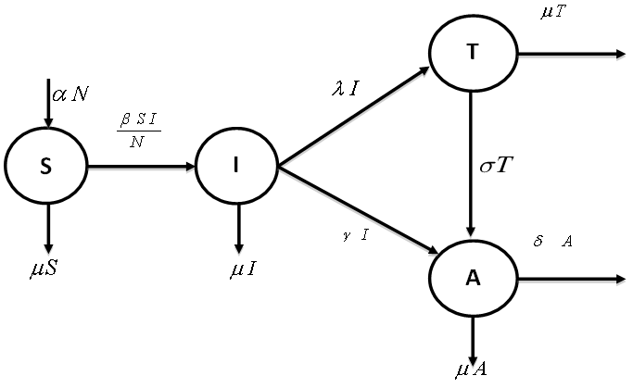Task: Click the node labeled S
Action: [45, 167]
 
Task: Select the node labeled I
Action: [236, 167]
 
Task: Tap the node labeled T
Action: [473, 53]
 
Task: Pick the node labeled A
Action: [473, 278]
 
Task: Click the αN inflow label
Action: [70, 94]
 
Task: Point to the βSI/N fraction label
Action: [138, 131]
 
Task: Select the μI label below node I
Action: [243, 271]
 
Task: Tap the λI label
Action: [348, 89]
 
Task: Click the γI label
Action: [355, 235]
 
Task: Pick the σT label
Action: [497, 167]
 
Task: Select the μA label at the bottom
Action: [471, 370]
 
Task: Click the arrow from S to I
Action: [141, 167]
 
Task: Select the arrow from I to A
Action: [358, 209]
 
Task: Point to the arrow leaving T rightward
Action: [572, 54]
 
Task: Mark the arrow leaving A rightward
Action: [572, 279]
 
